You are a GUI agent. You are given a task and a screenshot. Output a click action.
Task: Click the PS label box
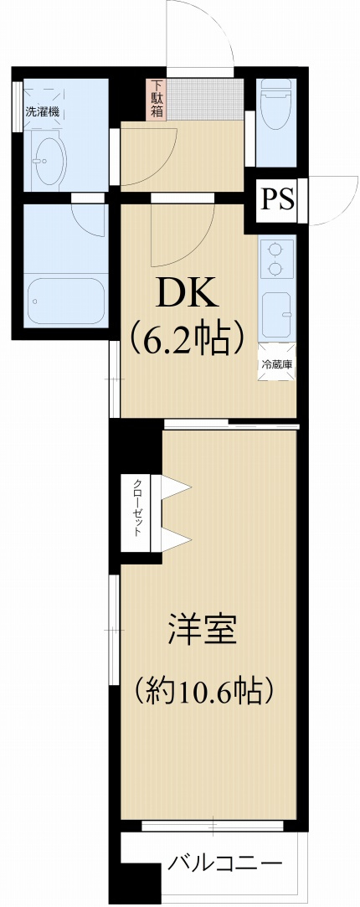pyautogui.click(x=277, y=200)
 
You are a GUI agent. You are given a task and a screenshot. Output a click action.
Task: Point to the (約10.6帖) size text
pyautogui.click(x=204, y=691)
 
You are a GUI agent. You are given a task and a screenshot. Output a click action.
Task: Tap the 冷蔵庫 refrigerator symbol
pyautogui.click(x=276, y=364)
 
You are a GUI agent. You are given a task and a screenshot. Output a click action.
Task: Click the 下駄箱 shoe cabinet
pyautogui.click(x=157, y=99)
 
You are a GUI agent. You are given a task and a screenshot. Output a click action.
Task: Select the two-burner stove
pyautogui.click(x=277, y=259)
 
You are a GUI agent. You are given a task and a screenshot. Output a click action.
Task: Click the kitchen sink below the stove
pyautogui.click(x=277, y=314)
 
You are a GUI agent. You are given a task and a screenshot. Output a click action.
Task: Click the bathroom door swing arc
pyautogui.click(x=88, y=217)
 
